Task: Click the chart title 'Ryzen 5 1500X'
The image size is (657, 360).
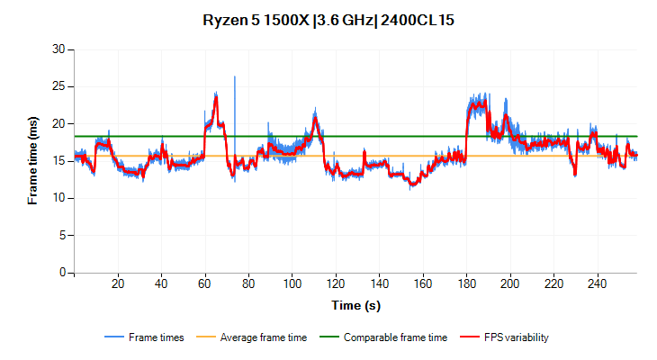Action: (251, 19)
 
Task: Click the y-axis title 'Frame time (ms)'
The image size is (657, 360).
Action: (33, 160)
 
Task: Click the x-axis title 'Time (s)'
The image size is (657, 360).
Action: (355, 305)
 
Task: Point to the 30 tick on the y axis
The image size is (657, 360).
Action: (61, 49)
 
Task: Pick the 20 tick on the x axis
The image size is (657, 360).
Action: (118, 283)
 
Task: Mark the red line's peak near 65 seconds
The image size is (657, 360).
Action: (216, 94)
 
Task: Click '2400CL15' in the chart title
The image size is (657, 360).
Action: (418, 19)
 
